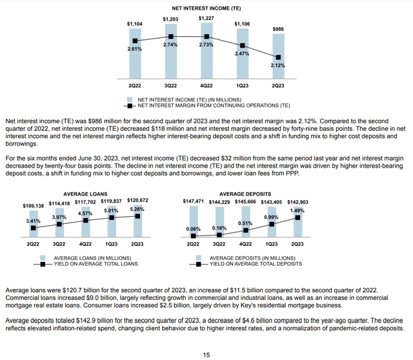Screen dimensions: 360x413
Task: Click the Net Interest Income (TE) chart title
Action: (x=206, y=8)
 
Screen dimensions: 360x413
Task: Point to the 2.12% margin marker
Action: (x=278, y=57)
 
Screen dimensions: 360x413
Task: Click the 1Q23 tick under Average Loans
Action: (x=112, y=244)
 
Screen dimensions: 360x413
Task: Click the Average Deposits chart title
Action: (x=245, y=194)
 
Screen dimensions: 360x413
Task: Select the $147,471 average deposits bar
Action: (x=193, y=223)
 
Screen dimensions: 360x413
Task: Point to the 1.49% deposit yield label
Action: (x=297, y=210)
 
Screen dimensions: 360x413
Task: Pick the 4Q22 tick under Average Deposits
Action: (x=245, y=244)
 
